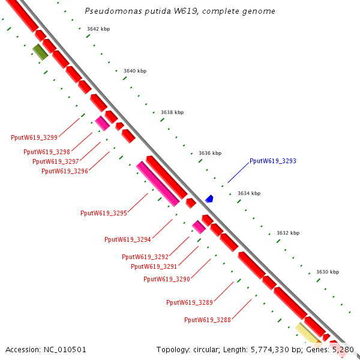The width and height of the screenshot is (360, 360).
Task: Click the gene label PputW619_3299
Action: (x=34, y=137)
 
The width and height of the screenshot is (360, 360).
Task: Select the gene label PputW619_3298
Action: (x=47, y=152)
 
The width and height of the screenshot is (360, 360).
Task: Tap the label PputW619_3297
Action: (x=56, y=161)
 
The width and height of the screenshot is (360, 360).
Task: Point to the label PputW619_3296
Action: (x=65, y=171)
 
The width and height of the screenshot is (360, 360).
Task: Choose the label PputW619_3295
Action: (x=104, y=213)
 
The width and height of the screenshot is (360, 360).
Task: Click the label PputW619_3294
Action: (x=128, y=239)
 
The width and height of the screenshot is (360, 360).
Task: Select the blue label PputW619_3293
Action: (x=273, y=161)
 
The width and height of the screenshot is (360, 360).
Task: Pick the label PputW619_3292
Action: (x=145, y=257)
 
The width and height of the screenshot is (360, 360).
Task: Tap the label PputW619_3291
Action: (x=154, y=266)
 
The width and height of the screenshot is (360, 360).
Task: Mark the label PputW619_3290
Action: (x=167, y=279)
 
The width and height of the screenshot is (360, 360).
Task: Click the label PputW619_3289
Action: (x=190, y=302)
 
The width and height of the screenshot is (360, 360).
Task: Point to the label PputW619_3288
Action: (x=208, y=320)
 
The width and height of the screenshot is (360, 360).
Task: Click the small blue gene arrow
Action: (x=209, y=199)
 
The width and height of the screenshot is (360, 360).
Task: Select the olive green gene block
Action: (x=40, y=52)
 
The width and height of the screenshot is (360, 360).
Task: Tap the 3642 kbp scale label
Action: (x=98, y=29)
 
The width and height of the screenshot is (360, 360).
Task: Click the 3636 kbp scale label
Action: (x=210, y=153)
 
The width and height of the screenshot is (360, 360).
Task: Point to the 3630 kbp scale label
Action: (x=327, y=272)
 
